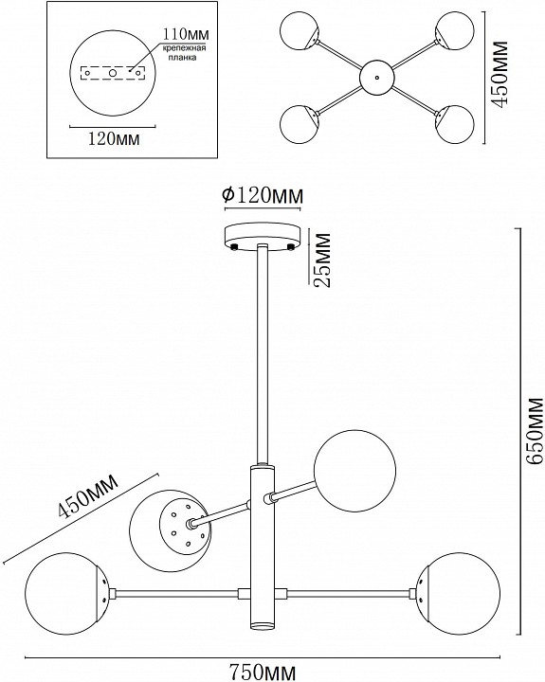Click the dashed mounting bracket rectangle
click(114, 72)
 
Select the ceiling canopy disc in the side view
click(262, 233)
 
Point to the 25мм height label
click(320, 260)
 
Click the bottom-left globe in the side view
click(61, 596)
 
